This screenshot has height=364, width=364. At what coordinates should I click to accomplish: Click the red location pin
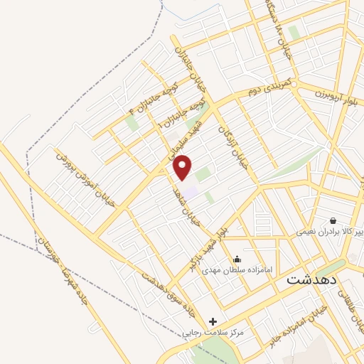(x=183, y=167)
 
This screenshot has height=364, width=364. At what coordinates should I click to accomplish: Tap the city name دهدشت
(x=310, y=280)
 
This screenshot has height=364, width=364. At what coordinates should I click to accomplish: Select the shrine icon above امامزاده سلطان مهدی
(x=237, y=259)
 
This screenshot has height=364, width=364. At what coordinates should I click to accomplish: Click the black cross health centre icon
(x=213, y=321)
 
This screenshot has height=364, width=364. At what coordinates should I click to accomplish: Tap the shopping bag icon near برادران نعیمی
(x=332, y=220)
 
